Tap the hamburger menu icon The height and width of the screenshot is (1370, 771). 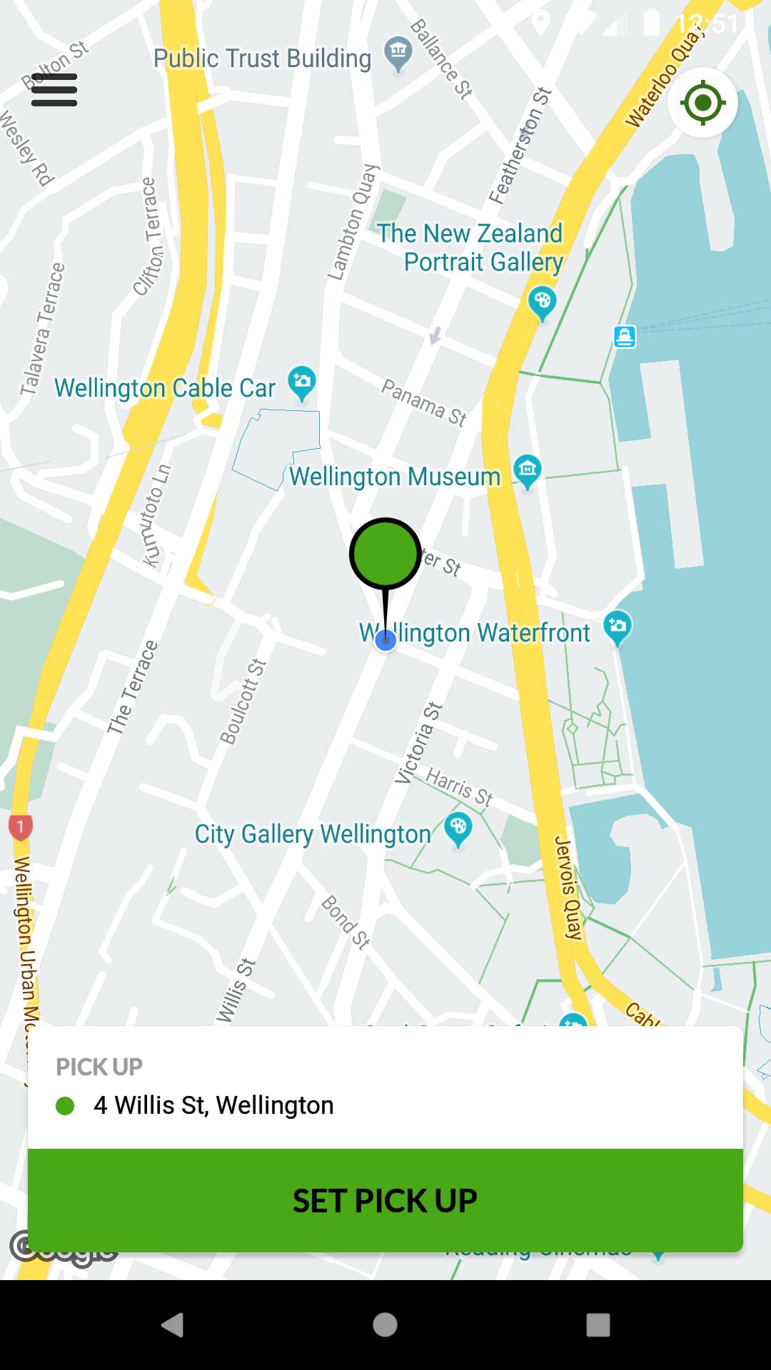point(54,90)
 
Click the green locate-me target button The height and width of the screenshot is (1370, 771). point(702,103)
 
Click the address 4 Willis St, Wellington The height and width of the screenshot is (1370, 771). point(213,1105)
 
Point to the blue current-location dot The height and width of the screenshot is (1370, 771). point(385,640)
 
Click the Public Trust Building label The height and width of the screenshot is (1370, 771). point(262,59)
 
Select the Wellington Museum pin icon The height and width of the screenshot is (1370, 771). point(527,470)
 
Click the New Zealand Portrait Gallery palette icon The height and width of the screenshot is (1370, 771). point(542,302)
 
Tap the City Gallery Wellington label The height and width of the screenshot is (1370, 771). point(313,833)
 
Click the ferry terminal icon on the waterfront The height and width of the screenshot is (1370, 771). point(625,336)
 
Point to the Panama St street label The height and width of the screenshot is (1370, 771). point(423,402)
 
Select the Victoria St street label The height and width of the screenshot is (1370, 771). point(420,743)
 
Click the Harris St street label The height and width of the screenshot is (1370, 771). point(459,786)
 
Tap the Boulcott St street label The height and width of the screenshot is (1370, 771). point(243,701)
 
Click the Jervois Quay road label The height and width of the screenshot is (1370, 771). point(568,887)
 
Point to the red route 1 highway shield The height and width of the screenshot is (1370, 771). point(20,827)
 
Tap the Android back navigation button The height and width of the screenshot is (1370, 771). point(173,1324)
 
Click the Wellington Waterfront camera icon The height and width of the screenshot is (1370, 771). point(618,626)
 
